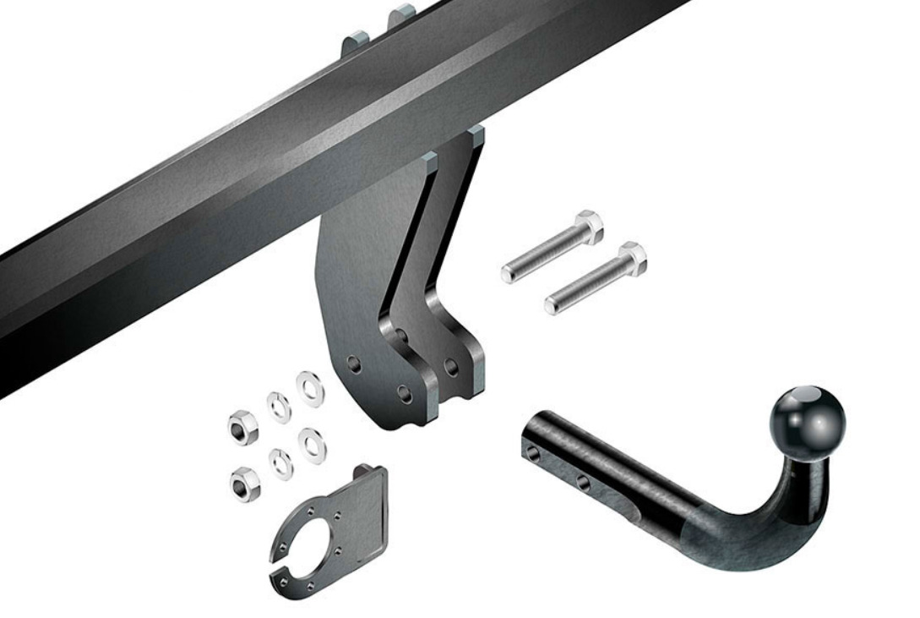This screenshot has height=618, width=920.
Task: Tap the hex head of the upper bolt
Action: (589, 227)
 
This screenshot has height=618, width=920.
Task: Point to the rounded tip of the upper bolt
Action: (508, 275)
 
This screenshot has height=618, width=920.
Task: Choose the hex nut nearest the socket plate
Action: (245, 484)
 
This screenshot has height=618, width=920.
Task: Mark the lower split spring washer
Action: (280, 463)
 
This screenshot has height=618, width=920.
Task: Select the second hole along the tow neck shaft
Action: (583, 482)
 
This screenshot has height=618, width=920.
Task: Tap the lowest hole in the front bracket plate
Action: (404, 394)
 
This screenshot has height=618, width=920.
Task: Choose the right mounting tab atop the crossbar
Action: (403, 15)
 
